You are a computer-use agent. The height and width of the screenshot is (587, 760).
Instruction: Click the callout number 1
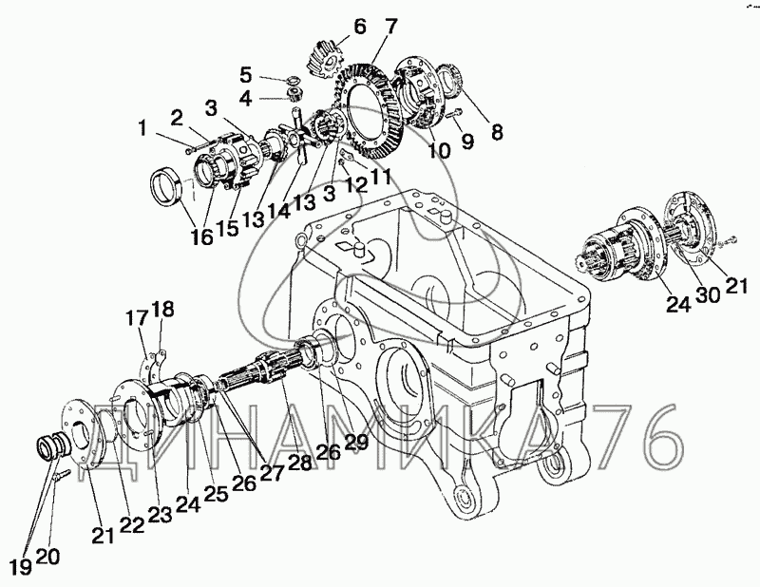(142, 126)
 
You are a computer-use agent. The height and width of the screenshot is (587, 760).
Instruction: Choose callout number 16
(200, 237)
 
